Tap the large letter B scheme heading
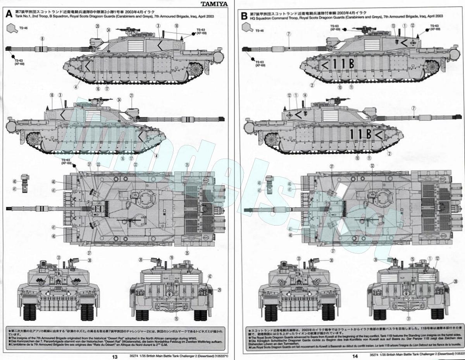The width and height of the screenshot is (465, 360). tap(244, 16)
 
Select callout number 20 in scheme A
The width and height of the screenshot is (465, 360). tap(97, 26)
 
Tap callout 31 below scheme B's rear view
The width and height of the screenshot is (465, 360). tap(408, 319)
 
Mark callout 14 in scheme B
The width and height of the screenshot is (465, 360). tap(305, 95)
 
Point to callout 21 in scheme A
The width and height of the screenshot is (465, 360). tap(131, 95)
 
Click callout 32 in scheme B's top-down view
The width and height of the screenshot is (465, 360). tap(372, 165)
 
